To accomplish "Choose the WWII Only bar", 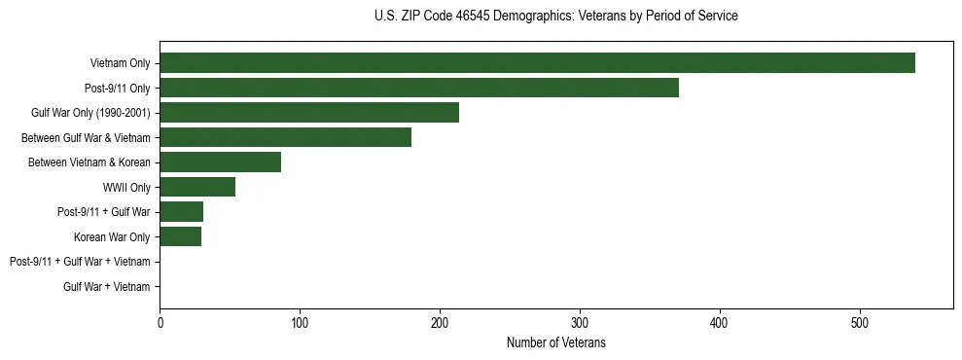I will pyautogui.click(x=197, y=187).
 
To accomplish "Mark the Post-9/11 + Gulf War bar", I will pyautogui.click(x=181, y=212).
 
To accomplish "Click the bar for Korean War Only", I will pyautogui.click(x=180, y=236).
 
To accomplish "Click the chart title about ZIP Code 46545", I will pyautogui.click(x=555, y=17).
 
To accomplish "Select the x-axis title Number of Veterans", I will pyautogui.click(x=555, y=343).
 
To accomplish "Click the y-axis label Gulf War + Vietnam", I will pyautogui.click(x=107, y=286).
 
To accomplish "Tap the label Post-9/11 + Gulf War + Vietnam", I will pyautogui.click(x=80, y=262).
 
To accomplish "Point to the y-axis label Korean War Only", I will pyautogui.click(x=112, y=236).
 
